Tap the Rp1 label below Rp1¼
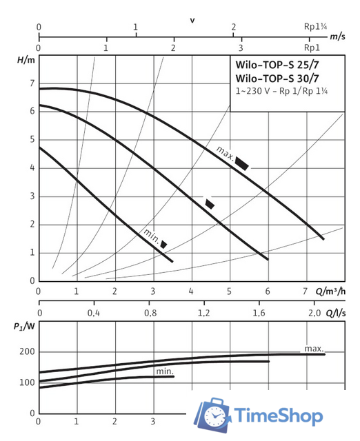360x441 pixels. pyautogui.click(x=312, y=49)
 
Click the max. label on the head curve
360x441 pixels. pyautogui.click(x=224, y=152)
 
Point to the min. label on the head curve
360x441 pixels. pyautogui.click(x=151, y=234)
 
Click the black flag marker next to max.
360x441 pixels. pyautogui.click(x=242, y=163)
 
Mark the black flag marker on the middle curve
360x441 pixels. pyautogui.click(x=210, y=203)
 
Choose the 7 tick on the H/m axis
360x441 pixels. pyautogui.click(x=31, y=83)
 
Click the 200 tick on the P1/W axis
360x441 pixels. pyautogui.click(x=26, y=352)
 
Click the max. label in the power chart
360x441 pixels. pyautogui.click(x=313, y=347)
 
